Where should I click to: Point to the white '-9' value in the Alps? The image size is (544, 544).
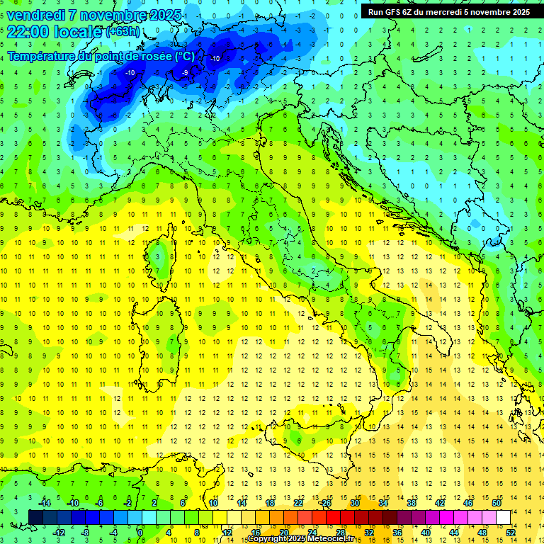pyautogui.click(x=186, y=72)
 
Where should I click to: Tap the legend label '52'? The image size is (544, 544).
pyautogui.click(x=511, y=533)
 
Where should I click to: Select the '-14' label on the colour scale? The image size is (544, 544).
pyautogui.click(x=44, y=503)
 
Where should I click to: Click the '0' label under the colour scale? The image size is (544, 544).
pyautogui.click(x=140, y=533)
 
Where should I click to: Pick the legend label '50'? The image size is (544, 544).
pyautogui.click(x=497, y=503)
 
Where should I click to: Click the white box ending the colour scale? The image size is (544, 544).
pyautogui.click(x=504, y=517)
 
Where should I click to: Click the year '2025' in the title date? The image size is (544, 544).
pyautogui.click(x=161, y=15)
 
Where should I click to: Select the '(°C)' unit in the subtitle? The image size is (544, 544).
pyautogui.click(x=184, y=57)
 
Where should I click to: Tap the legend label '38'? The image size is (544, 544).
pyautogui.click(x=411, y=503)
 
